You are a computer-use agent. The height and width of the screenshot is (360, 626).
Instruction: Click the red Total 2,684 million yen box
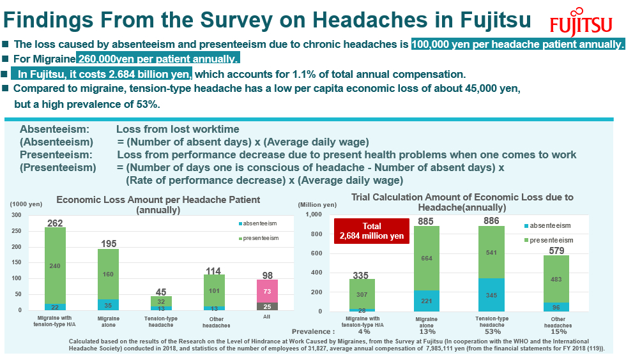pos(371,231)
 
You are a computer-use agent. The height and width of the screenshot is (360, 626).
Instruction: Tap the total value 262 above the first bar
pos(55,223)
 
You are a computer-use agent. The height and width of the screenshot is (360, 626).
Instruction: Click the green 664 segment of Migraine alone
pos(427,259)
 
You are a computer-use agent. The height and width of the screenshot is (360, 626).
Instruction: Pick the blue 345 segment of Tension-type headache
pos(491,295)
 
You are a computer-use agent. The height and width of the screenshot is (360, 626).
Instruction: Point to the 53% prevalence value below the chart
pos(491,331)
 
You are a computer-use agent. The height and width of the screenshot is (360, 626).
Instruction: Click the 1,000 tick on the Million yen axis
pos(311,214)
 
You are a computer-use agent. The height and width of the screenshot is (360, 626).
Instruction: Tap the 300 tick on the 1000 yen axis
pos(16,215)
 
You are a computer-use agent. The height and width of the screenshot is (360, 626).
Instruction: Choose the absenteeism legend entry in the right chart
pos(547,226)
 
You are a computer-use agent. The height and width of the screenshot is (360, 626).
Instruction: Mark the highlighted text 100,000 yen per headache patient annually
pos(517,45)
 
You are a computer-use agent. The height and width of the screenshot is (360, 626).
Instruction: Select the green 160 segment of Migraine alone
pos(108,274)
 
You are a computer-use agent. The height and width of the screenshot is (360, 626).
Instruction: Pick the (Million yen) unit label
pos(317,204)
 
